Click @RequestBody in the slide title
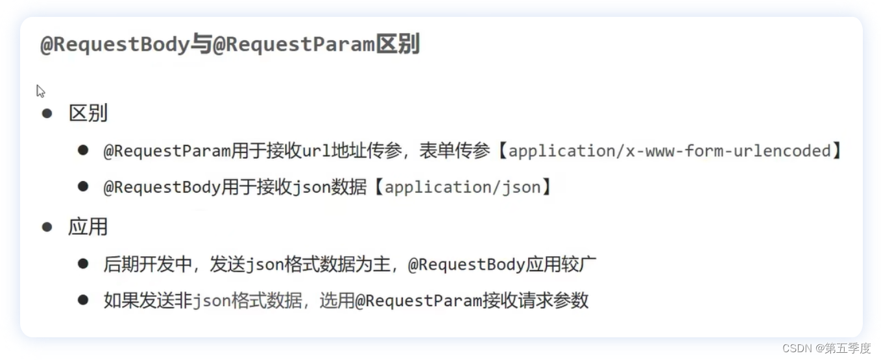(x=114, y=45)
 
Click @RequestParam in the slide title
(x=294, y=45)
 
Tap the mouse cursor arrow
(x=40, y=91)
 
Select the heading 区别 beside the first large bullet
(x=88, y=114)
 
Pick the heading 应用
(x=88, y=227)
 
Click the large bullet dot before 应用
(x=47, y=227)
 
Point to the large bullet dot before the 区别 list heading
(x=47, y=114)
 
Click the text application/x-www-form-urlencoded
(x=670, y=151)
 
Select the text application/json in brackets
(x=463, y=187)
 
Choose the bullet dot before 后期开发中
(x=82, y=264)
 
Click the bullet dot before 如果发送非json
(x=82, y=300)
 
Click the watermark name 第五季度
(x=847, y=348)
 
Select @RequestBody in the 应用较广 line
(x=466, y=264)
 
